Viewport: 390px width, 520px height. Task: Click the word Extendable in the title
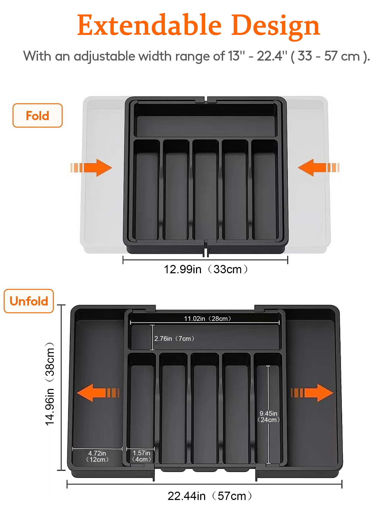coord(149,25)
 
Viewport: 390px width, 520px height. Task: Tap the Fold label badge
coord(37,116)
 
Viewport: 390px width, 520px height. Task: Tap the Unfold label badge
coord(29,301)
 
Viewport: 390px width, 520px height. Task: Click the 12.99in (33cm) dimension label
coord(205,269)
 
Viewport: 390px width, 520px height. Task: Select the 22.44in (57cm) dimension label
coord(210,496)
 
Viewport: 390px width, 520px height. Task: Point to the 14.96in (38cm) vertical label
coord(50,384)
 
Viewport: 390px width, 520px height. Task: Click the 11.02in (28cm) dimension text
coord(207,318)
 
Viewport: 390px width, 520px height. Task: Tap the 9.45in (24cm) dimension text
coord(268,417)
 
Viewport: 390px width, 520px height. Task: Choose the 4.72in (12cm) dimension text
coord(97,456)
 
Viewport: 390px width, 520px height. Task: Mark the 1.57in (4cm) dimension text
coord(141,456)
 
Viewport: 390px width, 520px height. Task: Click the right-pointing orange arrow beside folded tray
coord(92,168)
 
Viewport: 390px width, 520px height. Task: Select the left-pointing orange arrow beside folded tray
coord(318,168)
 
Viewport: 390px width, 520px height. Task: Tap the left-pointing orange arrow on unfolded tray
coord(98,393)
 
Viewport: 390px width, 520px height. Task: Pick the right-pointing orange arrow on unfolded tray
coord(312,393)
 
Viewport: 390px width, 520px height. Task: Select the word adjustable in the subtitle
coord(104,56)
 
